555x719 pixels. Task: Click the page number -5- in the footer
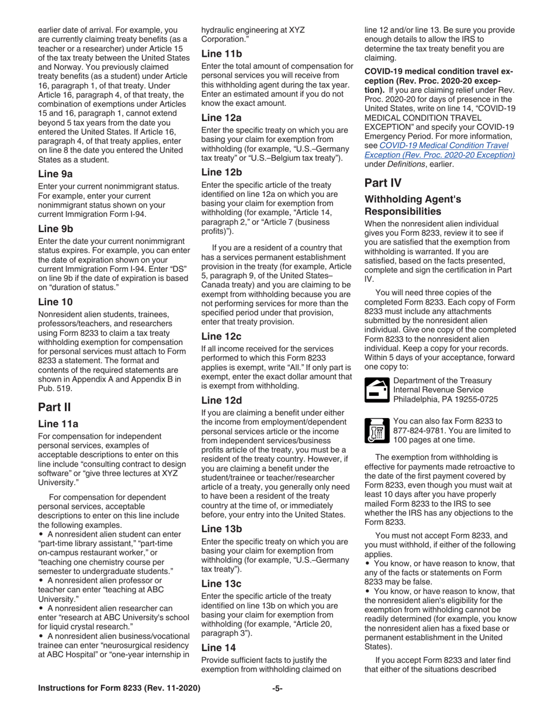277,704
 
